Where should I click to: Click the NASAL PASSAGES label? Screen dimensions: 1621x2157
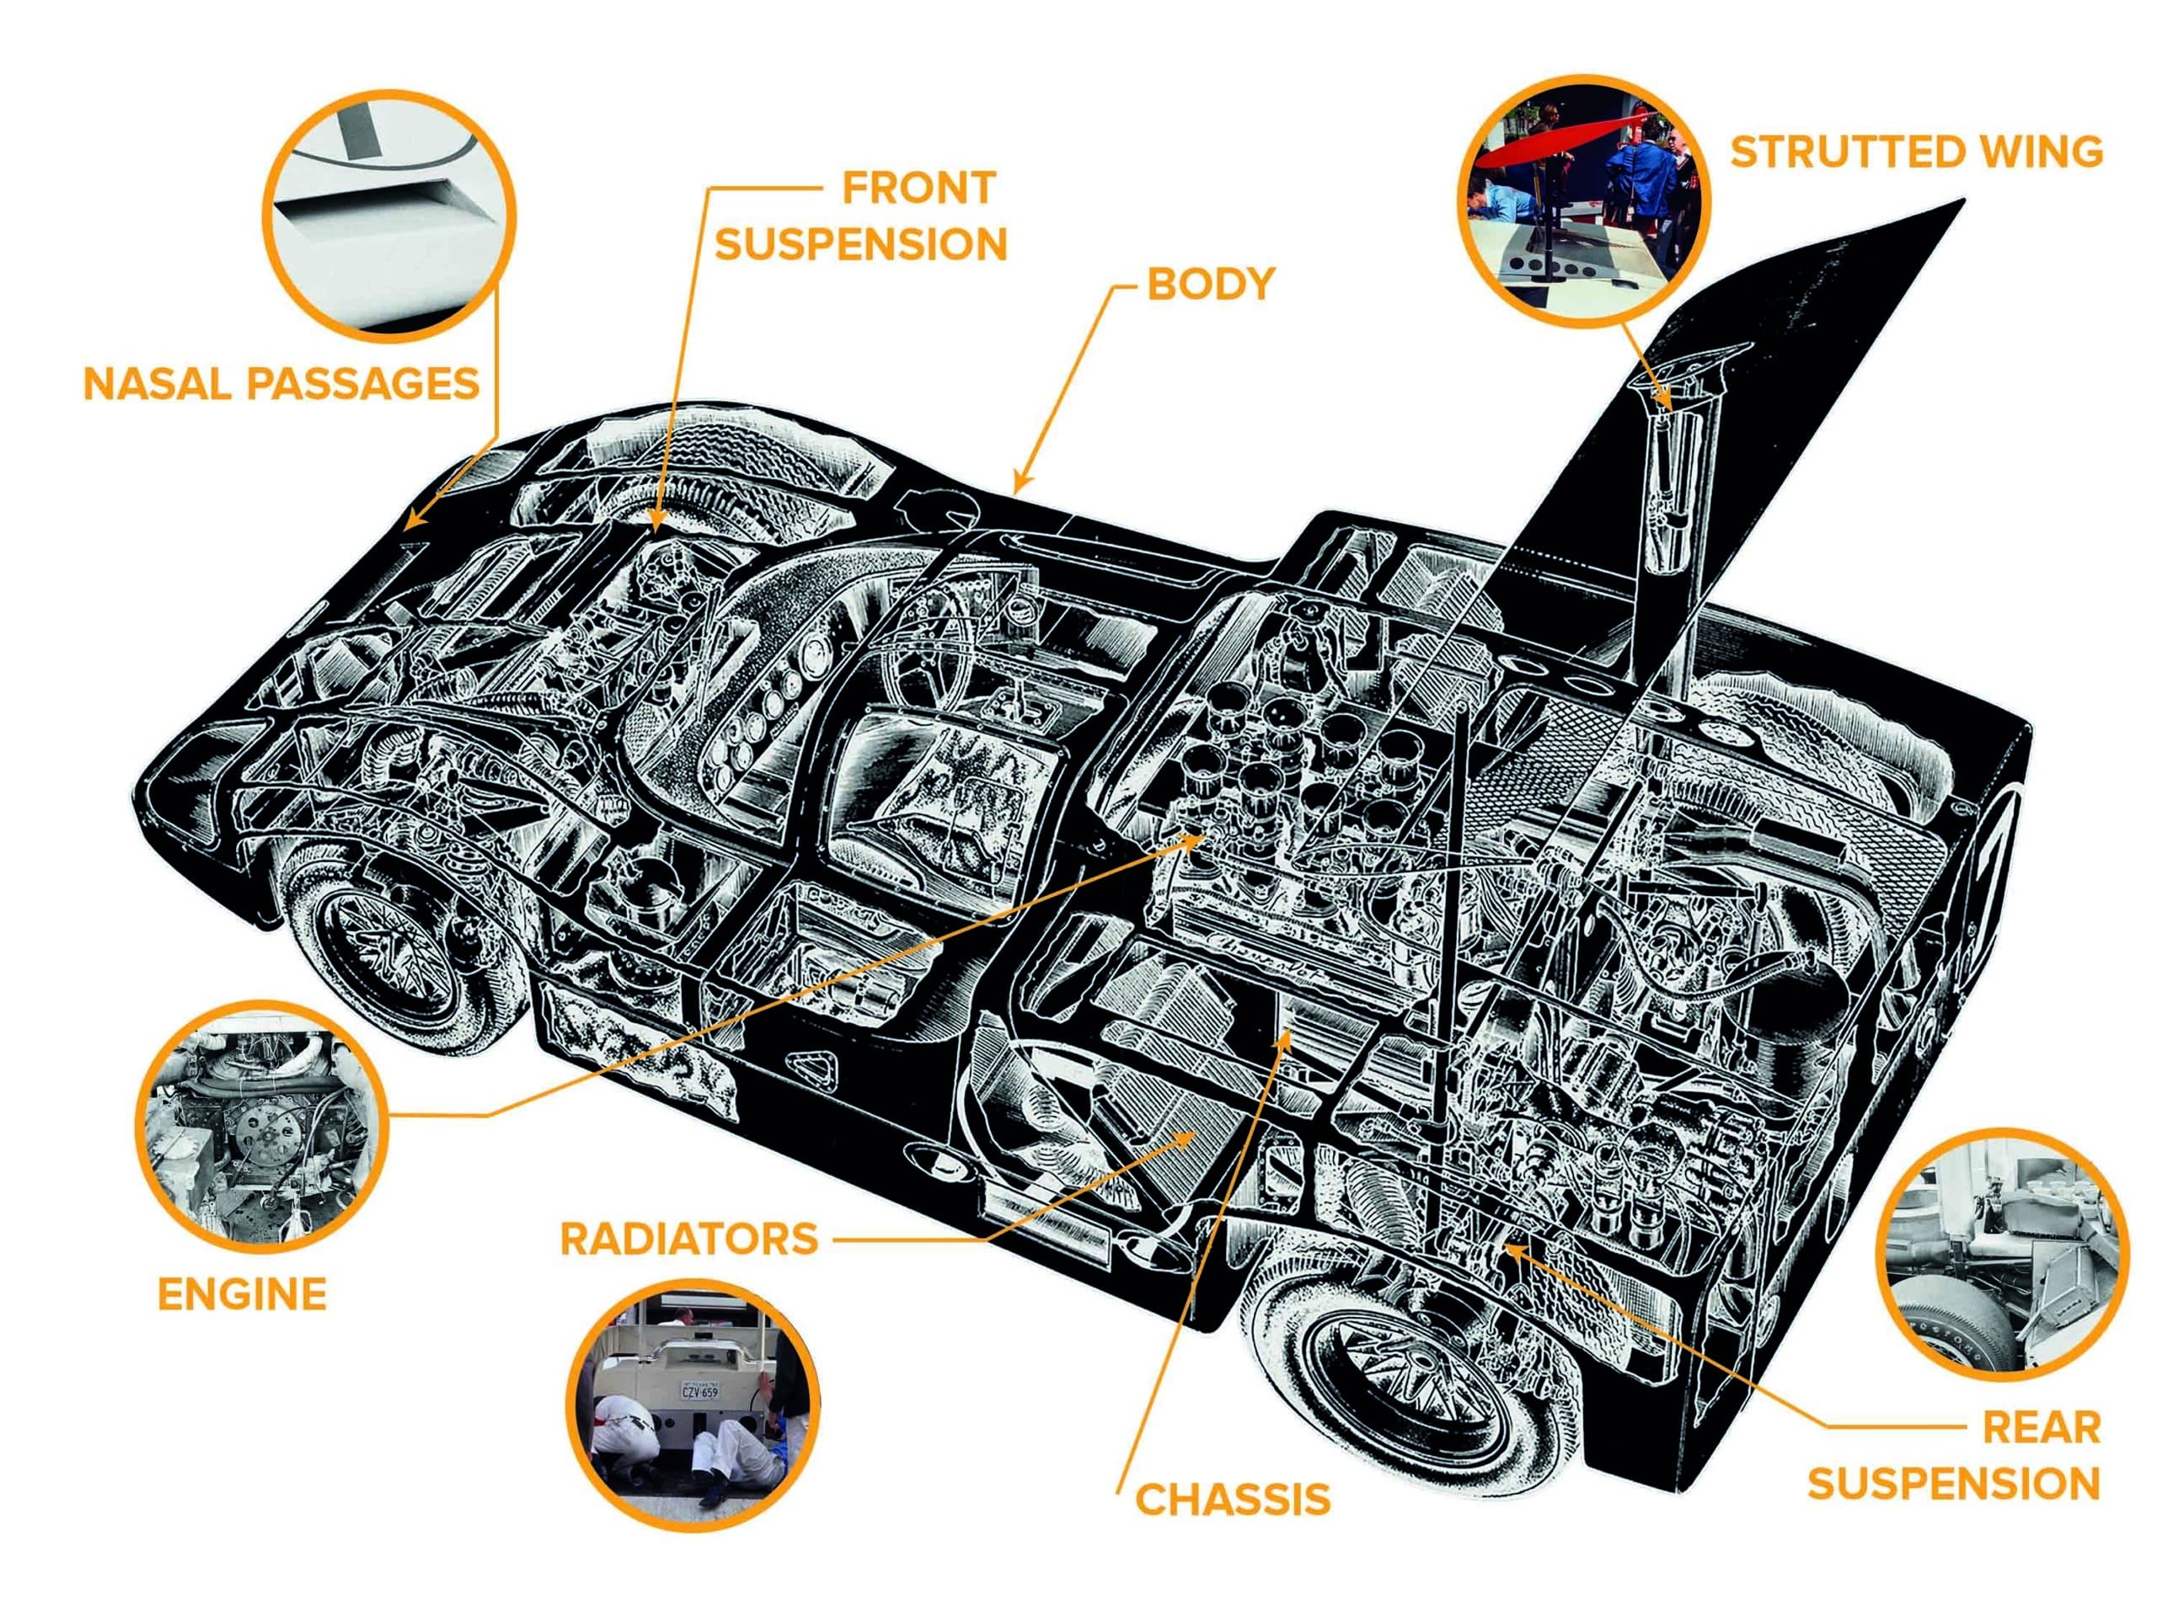pos(281,384)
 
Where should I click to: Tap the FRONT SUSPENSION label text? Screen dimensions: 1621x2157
pos(862,216)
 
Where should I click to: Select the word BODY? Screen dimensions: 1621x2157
pos(1210,284)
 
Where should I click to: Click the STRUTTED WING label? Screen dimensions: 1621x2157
pos(1916,153)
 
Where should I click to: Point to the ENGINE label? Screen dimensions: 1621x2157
pos(242,1294)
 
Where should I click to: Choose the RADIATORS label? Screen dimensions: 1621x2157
pos(688,1239)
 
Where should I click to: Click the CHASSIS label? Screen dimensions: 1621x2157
pos(1233,1499)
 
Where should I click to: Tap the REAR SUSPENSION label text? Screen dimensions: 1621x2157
pos(1954,1455)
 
